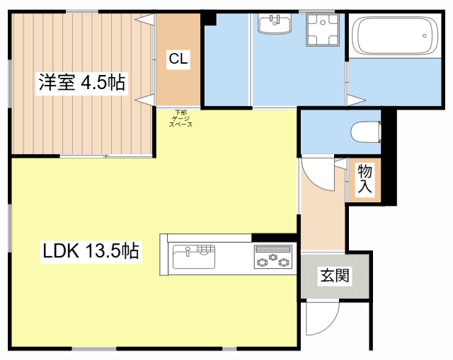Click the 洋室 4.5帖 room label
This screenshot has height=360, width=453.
(x=82, y=83)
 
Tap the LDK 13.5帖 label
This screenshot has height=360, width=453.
(x=91, y=250)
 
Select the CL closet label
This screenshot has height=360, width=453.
(x=178, y=60)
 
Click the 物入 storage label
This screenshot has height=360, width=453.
(x=365, y=179)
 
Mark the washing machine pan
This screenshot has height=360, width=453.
(x=322, y=30)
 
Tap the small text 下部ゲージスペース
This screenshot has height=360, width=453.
(x=180, y=118)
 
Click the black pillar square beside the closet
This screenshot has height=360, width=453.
(x=209, y=18)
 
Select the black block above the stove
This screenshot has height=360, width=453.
(x=273, y=238)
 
